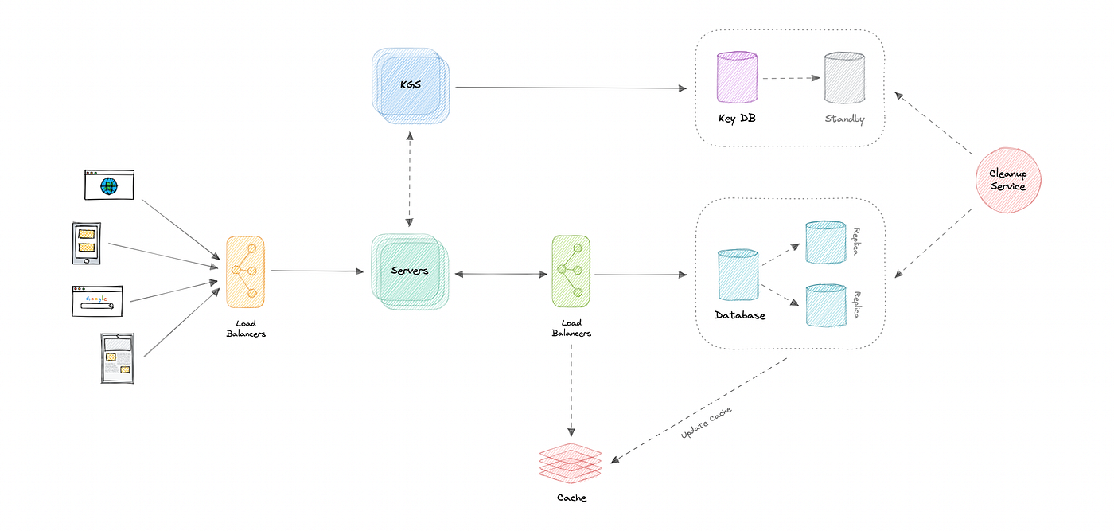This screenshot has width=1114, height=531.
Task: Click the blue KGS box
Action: tap(411, 85)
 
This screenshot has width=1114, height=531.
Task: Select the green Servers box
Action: tap(410, 271)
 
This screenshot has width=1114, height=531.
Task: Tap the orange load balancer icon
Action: tap(244, 271)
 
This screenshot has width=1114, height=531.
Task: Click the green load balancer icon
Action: tap(570, 270)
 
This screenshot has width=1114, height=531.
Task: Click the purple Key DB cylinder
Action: tap(737, 77)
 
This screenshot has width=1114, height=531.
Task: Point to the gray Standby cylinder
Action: tap(844, 77)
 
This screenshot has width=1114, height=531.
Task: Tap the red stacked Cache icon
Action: tap(570, 463)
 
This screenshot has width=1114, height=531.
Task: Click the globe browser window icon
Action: tap(109, 185)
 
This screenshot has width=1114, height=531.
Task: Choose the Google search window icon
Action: tap(96, 300)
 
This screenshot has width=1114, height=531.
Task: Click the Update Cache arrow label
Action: tap(707, 423)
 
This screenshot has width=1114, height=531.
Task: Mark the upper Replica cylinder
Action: tap(824, 242)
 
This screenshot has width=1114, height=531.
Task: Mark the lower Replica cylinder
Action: tap(824, 305)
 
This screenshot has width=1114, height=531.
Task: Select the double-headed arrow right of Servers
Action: tap(501, 274)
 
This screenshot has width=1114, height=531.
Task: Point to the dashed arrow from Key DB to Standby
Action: tap(790, 78)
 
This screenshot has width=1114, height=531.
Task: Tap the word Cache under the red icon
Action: tap(571, 498)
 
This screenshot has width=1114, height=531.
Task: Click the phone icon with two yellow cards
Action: tap(88, 244)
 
